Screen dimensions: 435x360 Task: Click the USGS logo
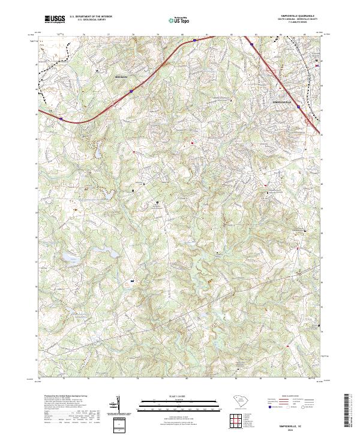point(55,19)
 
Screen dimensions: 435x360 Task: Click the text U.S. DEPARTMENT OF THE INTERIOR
point(91,17)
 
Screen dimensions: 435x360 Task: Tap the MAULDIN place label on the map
point(122,77)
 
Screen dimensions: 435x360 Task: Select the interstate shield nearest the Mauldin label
point(130,91)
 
